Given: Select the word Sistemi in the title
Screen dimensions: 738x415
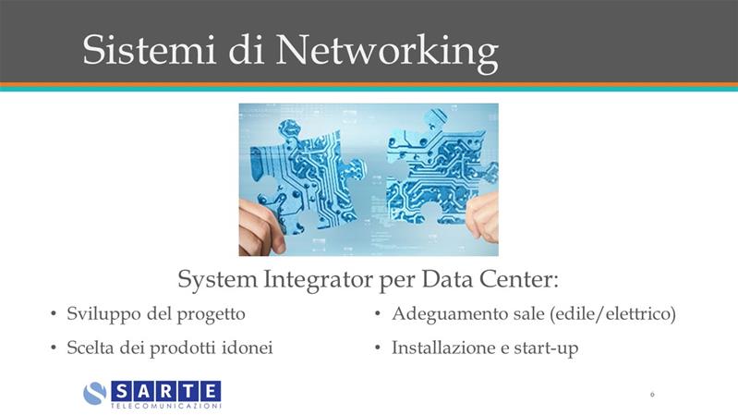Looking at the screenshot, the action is [x=149, y=49].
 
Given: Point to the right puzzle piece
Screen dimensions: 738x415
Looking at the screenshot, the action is [x=440, y=167].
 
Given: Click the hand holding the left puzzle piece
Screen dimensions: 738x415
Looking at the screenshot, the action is [x=260, y=227].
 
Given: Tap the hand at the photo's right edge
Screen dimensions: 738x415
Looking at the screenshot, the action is [x=482, y=216].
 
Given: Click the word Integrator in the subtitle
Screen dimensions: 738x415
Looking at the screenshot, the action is [x=319, y=279].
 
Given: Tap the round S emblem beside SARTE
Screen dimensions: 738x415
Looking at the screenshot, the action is [x=95, y=394].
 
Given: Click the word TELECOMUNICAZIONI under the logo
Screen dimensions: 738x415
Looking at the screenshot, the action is [x=166, y=406].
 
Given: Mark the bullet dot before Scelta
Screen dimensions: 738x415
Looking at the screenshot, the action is [x=54, y=348].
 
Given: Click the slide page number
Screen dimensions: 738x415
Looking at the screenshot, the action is [x=652, y=395].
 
